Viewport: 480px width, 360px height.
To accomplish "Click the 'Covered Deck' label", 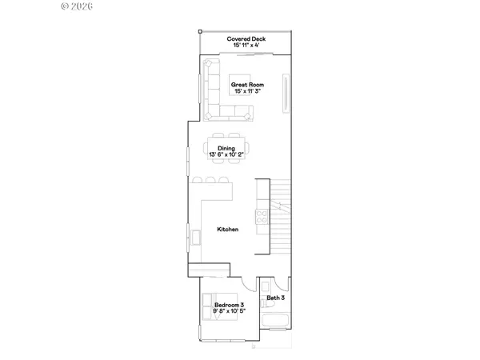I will [247, 38].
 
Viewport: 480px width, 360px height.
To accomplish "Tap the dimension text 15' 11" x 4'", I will [247, 46].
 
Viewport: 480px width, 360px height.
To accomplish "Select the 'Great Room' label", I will [247, 85].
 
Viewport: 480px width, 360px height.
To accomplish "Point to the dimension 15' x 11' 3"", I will [247, 92].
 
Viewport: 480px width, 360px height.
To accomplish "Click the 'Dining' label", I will [226, 147].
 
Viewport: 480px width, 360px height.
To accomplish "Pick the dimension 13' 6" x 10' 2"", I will [226, 154].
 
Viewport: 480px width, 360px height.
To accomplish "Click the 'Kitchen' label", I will [228, 230].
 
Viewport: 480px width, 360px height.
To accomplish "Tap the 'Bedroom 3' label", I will [230, 306].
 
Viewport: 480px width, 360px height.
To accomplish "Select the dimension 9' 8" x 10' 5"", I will [230, 312].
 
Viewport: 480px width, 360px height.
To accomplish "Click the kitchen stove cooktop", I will [261, 215].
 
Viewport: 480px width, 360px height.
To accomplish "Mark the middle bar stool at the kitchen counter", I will [210, 180].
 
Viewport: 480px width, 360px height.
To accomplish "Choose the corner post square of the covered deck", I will [199, 31].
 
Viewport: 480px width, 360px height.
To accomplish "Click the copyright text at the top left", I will [77, 6].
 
